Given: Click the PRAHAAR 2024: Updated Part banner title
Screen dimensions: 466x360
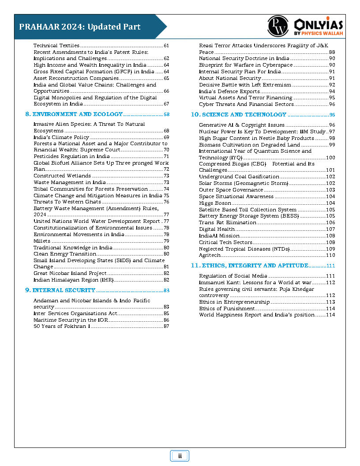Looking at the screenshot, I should click(80, 26).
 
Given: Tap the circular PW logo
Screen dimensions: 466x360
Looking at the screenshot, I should click(277, 26).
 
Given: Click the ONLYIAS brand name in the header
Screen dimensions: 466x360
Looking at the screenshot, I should click(318, 24).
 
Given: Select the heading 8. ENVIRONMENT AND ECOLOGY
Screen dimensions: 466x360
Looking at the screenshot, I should click(74, 114).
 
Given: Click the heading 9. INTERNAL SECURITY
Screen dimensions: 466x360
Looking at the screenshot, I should click(60, 290).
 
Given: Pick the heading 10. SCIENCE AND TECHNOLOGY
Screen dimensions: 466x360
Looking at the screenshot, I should click(239, 114).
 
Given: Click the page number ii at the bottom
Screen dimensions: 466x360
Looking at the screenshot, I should click(180, 456).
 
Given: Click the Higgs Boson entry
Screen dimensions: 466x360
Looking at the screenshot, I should click(215, 203).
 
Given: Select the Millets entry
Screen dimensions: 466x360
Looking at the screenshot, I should click(42, 241).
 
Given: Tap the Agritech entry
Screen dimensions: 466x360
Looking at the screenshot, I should click(209, 255).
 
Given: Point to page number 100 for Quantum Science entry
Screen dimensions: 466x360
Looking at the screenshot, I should click(330, 158).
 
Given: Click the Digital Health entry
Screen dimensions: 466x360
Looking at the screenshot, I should click(217, 229).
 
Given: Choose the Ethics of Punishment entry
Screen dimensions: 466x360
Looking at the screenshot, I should click(226, 308).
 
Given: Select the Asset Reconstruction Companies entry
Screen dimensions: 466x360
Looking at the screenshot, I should click(70, 78).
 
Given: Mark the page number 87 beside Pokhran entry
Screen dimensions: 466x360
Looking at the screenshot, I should click(166, 327).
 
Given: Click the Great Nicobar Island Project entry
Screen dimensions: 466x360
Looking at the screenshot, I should click(70, 273).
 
